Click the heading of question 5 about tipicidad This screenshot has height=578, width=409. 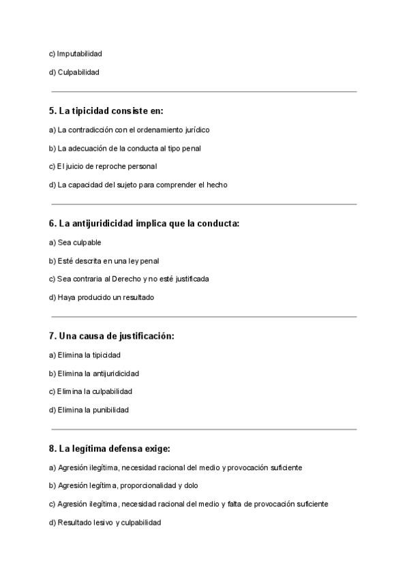click(106, 110)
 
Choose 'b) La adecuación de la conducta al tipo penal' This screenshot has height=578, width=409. click(125, 148)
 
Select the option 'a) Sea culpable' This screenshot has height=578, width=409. click(75, 243)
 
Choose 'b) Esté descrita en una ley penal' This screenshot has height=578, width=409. click(104, 261)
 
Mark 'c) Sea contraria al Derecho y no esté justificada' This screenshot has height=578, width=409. click(129, 279)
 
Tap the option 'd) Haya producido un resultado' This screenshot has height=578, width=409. click(102, 297)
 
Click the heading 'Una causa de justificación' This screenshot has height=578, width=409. click(112, 336)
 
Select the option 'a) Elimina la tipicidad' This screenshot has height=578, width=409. click(85, 355)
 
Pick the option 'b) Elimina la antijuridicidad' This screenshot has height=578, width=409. click(94, 374)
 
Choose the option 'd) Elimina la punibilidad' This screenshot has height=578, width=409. click(89, 410)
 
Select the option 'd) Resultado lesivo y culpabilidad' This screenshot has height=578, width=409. click(105, 523)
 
